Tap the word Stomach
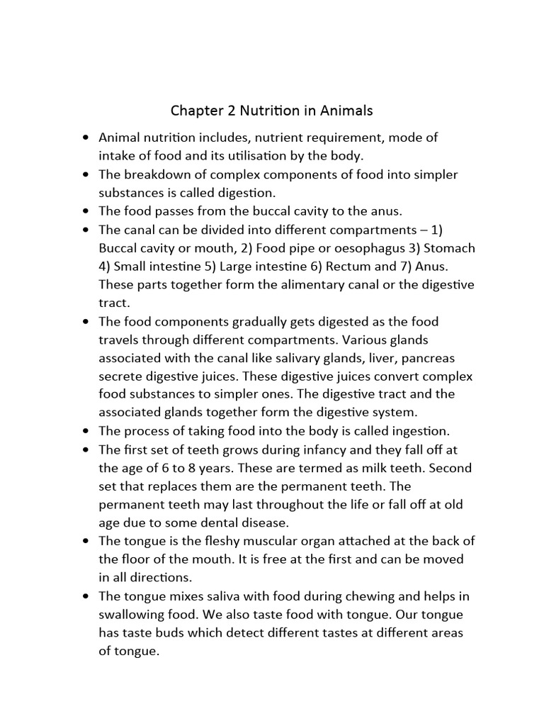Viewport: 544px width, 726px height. pyautogui.click(x=447, y=248)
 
